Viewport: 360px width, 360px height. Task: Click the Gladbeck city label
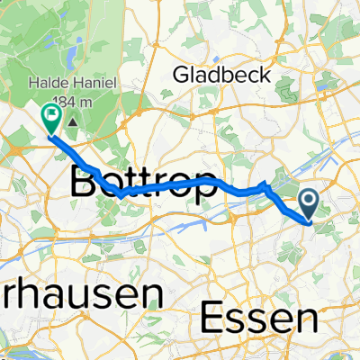(x=220, y=74)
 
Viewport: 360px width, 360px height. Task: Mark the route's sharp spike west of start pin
(x=264, y=184)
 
